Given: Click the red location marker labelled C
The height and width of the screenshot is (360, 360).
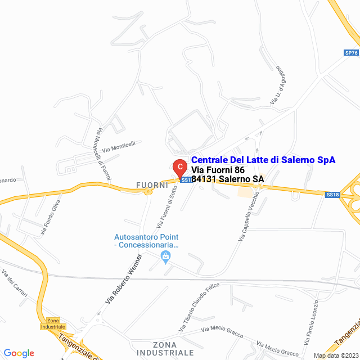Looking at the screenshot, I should pyautogui.click(x=179, y=168).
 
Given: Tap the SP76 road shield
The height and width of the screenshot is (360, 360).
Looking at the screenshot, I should pyautogui.click(x=351, y=53).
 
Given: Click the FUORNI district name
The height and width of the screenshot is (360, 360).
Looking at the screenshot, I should pyautogui.click(x=152, y=184).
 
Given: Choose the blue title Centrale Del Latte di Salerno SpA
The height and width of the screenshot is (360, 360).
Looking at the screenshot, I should pyautogui.click(x=263, y=160).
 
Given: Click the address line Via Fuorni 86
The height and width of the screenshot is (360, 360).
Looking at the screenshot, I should pyautogui.click(x=218, y=170).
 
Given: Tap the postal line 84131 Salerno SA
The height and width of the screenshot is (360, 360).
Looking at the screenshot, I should pyautogui.click(x=228, y=179).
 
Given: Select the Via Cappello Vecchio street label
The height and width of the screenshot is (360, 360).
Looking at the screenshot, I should pyautogui.click(x=248, y=217).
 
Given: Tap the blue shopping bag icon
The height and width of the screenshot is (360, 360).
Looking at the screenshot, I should pyautogui.click(x=165, y=257).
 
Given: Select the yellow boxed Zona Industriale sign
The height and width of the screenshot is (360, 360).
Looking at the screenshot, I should pyautogui.click(x=53, y=323).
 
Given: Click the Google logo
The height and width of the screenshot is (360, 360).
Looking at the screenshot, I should pyautogui.click(x=19, y=353).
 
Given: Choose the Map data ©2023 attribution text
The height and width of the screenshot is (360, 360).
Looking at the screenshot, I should pyautogui.click(x=335, y=355).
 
